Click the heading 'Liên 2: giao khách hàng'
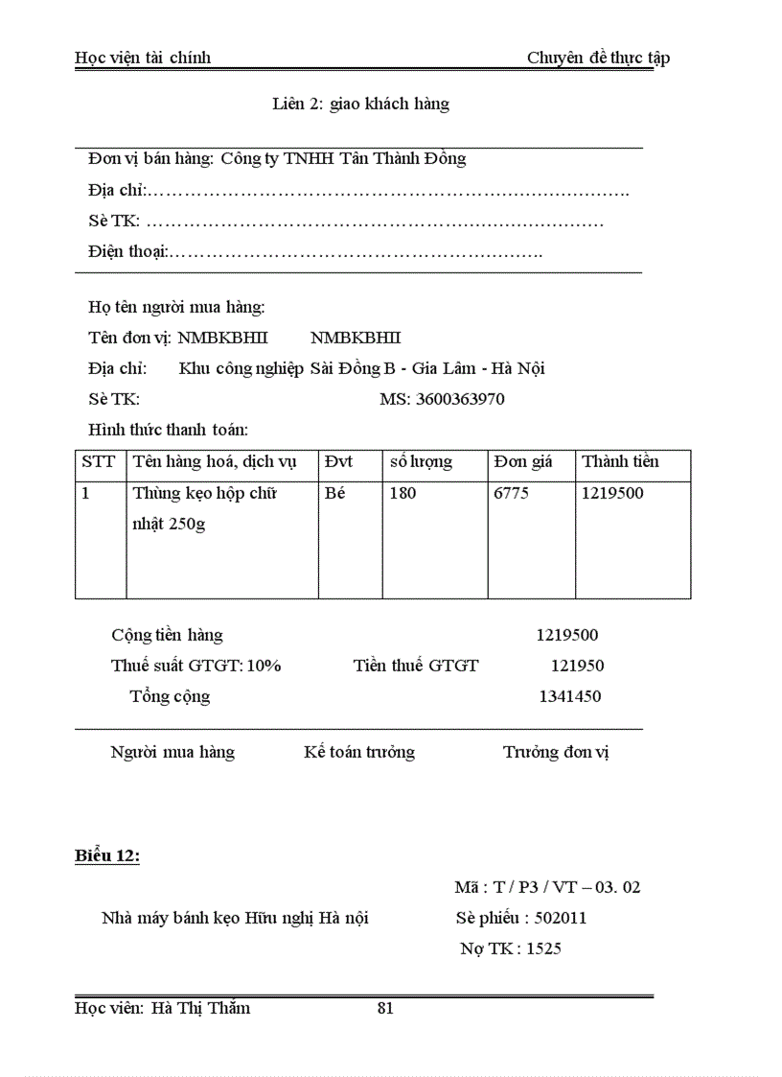(x=360, y=104)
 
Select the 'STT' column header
(x=98, y=461)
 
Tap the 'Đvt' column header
(x=338, y=461)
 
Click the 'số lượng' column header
(x=421, y=461)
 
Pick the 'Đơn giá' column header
(x=523, y=461)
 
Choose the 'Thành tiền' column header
(x=620, y=461)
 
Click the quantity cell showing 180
(x=403, y=493)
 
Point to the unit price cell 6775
(x=511, y=493)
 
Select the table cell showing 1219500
(x=613, y=493)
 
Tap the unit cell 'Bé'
(x=335, y=493)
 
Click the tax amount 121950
(x=577, y=666)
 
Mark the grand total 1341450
(x=570, y=696)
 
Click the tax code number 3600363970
(x=460, y=399)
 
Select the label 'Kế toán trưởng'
(x=359, y=752)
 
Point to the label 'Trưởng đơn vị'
(x=556, y=752)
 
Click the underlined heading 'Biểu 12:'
(x=107, y=856)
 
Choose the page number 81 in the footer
(x=386, y=1008)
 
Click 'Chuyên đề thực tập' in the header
(x=598, y=58)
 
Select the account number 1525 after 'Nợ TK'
(x=543, y=948)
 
